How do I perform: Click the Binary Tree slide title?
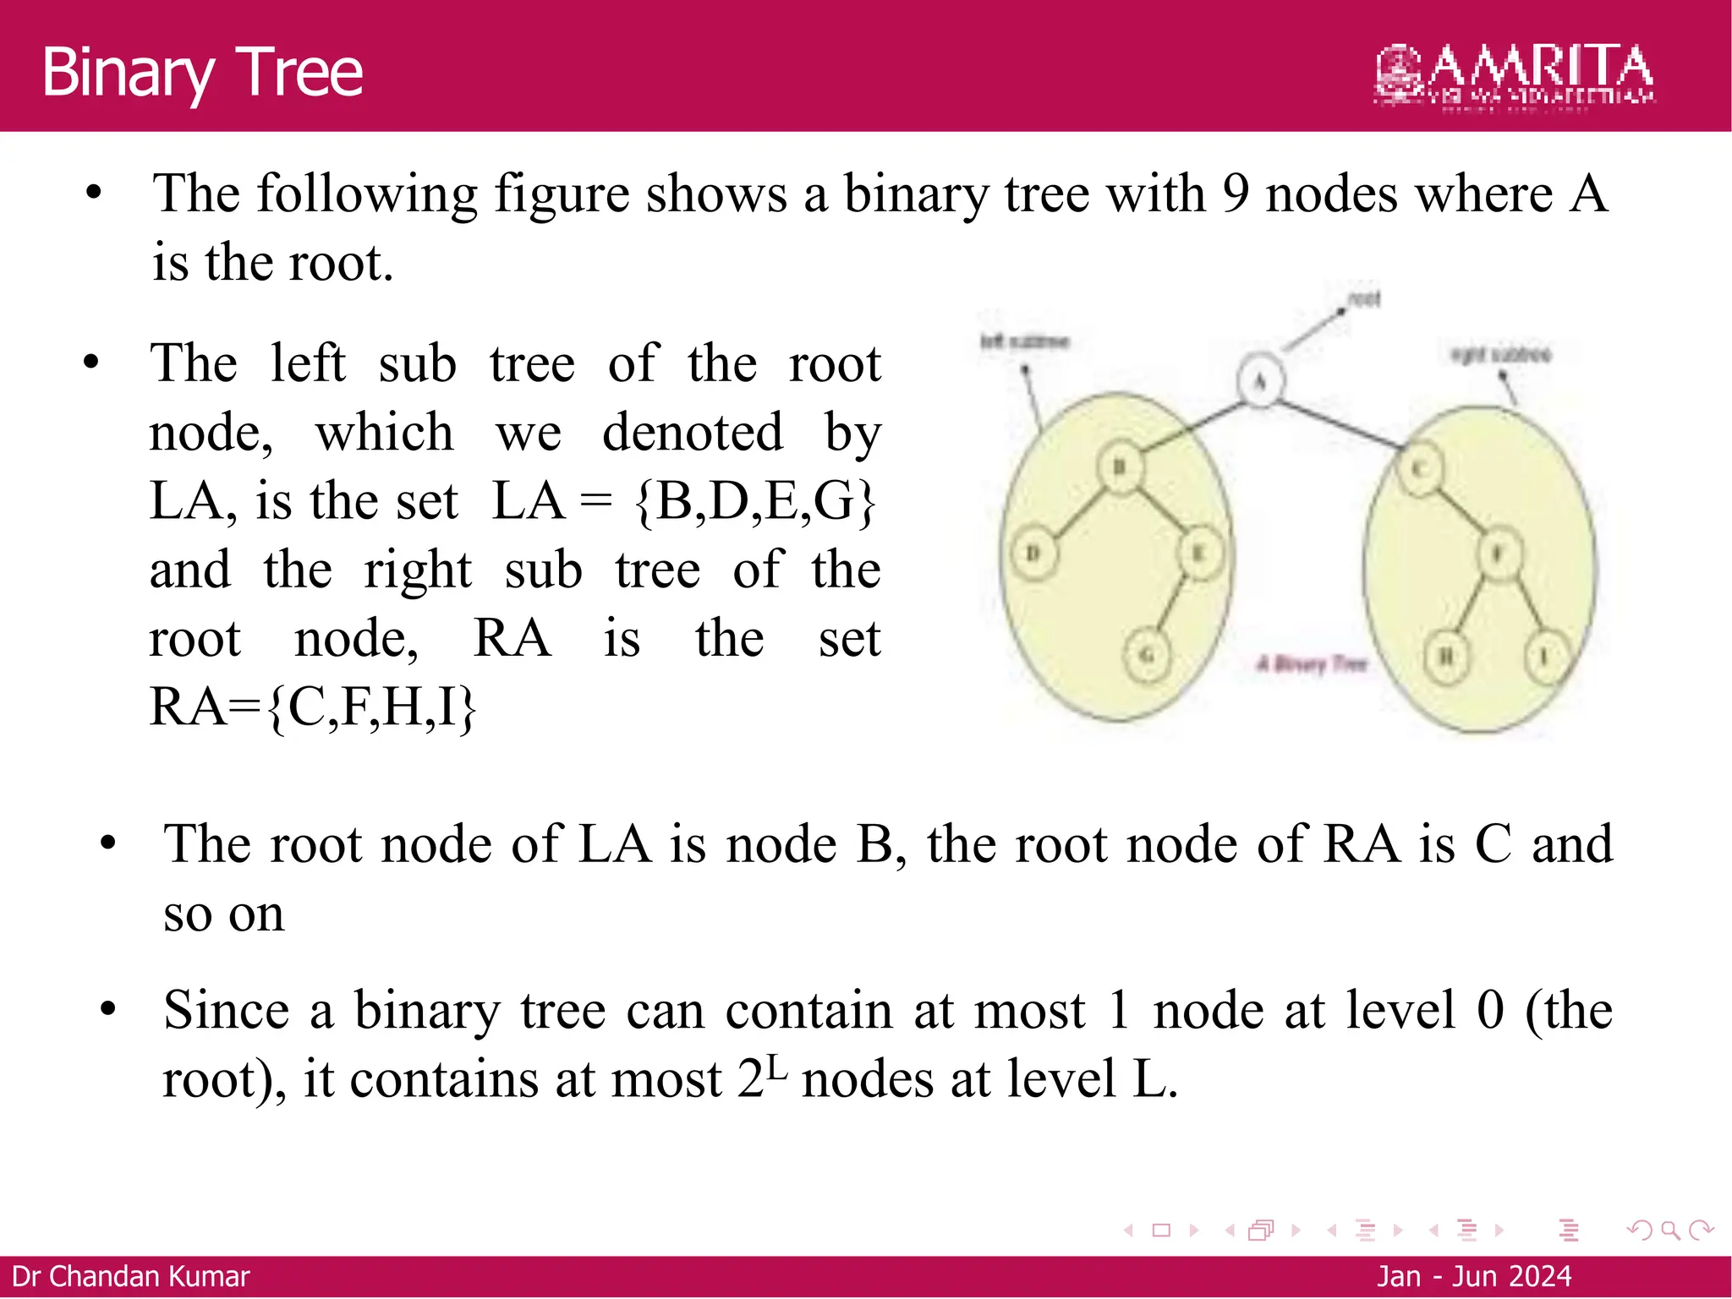pos(202,73)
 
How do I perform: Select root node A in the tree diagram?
pos(1260,382)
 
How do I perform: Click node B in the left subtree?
pos(1120,466)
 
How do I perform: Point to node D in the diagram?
pos(1033,554)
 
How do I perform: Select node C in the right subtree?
pos(1421,469)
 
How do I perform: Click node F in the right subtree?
pos(1498,554)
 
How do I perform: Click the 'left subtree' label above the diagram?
pos(1025,341)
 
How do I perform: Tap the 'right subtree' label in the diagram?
pos(1500,354)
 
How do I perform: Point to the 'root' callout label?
pos(1363,298)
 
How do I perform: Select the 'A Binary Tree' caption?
pos(1312,663)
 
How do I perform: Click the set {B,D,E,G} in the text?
pos(754,501)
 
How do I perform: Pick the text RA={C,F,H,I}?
pos(313,707)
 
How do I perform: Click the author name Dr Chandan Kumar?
pos(131,1276)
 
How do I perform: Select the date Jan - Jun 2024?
pos(1473,1276)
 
